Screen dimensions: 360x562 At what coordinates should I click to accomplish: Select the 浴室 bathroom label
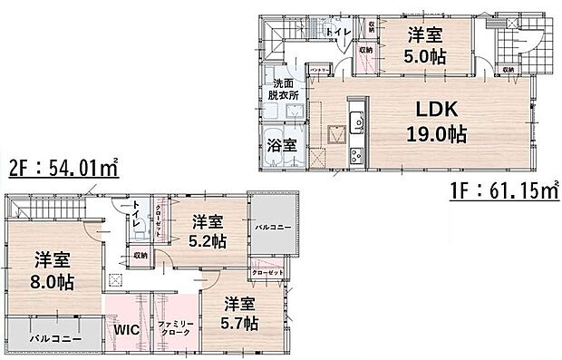tap(282, 145)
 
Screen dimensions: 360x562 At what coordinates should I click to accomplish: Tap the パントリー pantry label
tap(319, 69)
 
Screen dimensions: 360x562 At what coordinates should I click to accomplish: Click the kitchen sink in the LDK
tap(355, 119)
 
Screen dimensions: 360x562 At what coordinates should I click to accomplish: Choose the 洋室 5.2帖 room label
tap(208, 232)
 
